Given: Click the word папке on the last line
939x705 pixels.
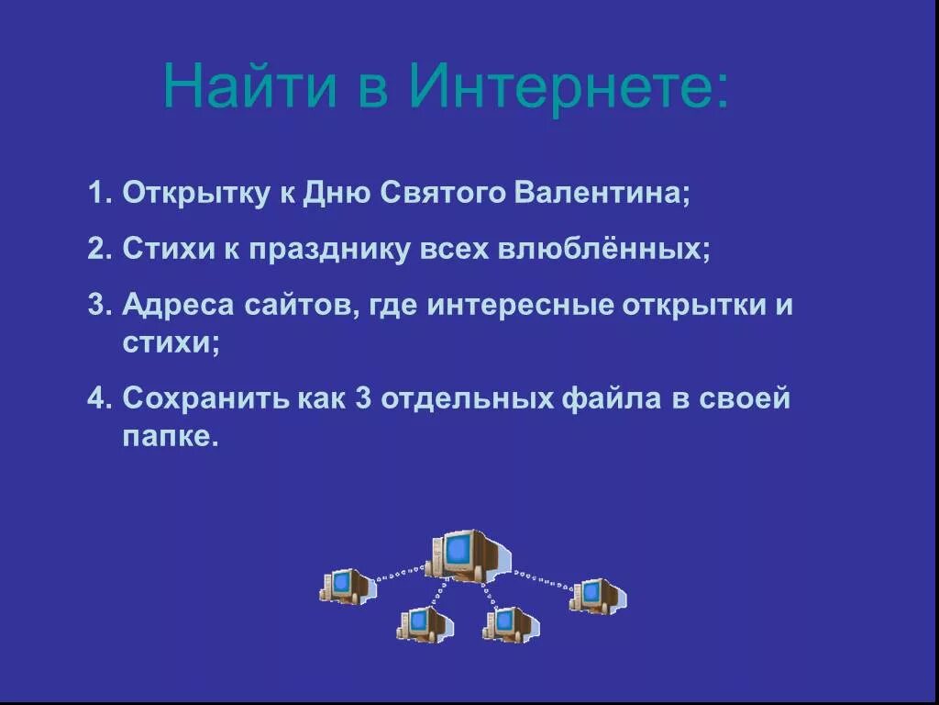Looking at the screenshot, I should [x=171, y=437].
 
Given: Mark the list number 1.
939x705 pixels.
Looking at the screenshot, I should [x=97, y=195].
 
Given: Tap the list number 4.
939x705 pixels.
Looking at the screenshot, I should [x=97, y=399].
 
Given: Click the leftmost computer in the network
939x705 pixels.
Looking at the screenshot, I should [x=347, y=586].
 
